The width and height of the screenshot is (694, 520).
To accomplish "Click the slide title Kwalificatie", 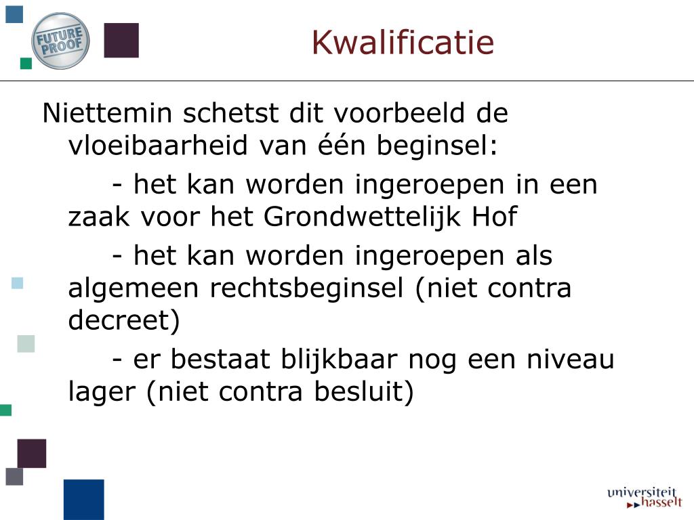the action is pos(403,43).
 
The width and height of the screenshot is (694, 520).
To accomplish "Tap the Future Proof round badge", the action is pos(60,41).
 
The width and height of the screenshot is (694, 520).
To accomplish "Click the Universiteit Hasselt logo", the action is pos(645,497).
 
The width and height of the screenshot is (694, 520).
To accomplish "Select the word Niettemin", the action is pos(107,113).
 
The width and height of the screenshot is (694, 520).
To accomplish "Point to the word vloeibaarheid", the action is pos(157,145).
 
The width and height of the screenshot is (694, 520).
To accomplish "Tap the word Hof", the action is pos(494,216).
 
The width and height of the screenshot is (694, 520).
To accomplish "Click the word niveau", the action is pos(570,359).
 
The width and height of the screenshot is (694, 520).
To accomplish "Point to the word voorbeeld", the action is pos(399,113).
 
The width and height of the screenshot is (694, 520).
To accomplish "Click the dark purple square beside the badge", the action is pos(121,40).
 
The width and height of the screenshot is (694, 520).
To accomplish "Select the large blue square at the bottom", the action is pos(83,500).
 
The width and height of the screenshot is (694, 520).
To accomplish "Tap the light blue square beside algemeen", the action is pos(17,283).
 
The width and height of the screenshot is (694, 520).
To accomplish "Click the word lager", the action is pos(102,393).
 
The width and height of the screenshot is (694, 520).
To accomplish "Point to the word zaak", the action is pos(99,217).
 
